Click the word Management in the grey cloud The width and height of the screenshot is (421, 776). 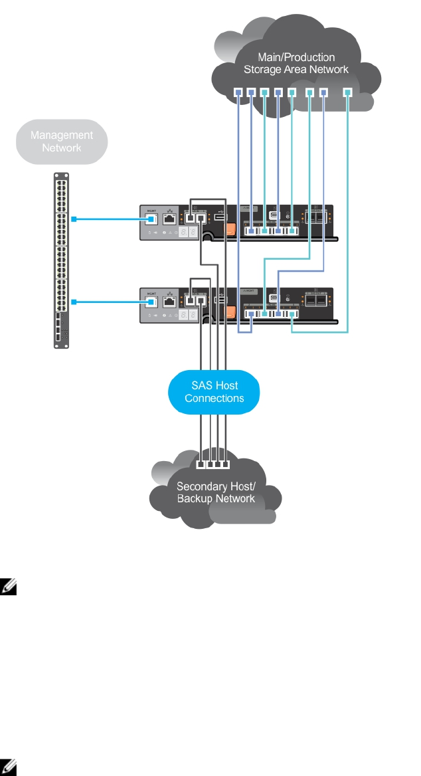[x=61, y=135]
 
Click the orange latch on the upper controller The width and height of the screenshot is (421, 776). [x=230, y=229]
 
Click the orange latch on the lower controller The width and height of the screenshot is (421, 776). [x=230, y=313]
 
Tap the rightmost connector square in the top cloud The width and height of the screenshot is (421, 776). [x=347, y=92]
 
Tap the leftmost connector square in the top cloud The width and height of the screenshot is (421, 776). [x=238, y=92]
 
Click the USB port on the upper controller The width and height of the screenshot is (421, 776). [x=220, y=217]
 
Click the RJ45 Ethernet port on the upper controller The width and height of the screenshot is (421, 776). [x=170, y=217]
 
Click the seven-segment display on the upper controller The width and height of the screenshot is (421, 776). [x=188, y=233]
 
